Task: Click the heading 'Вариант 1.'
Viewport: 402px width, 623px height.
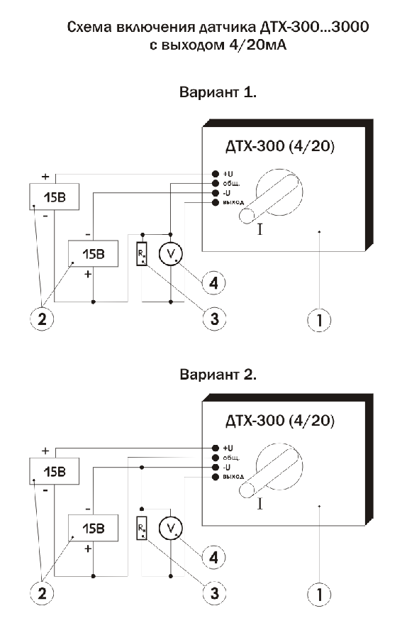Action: pyautogui.click(x=218, y=92)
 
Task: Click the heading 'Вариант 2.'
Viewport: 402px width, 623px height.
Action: pyautogui.click(x=218, y=374)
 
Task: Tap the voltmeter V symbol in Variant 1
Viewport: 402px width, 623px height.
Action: pyautogui.click(x=171, y=253)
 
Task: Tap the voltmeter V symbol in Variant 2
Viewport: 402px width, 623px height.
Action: pyautogui.click(x=171, y=528)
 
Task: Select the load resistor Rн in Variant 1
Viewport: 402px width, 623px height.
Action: pyautogui.click(x=142, y=253)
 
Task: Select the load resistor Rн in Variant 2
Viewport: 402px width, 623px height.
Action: pyautogui.click(x=142, y=528)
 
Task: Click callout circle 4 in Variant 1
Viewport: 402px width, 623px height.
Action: pyautogui.click(x=213, y=283)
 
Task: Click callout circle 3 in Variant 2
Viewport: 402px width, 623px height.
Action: pyautogui.click(x=214, y=592)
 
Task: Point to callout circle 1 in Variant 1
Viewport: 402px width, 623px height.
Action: pyautogui.click(x=319, y=319)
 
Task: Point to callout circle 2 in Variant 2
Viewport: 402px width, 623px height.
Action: pyautogui.click(x=42, y=593)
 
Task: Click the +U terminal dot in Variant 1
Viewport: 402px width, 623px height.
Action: pyautogui.click(x=216, y=174)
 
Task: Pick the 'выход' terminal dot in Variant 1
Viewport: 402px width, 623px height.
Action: pyautogui.click(x=216, y=203)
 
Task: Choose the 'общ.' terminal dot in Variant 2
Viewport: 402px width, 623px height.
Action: pyautogui.click(x=216, y=458)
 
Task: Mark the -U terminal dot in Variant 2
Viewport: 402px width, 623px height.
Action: pyautogui.click(x=216, y=467)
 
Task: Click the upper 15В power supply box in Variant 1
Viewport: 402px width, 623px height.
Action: pyautogui.click(x=55, y=197)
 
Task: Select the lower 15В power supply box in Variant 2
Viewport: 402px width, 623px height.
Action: pyautogui.click(x=94, y=528)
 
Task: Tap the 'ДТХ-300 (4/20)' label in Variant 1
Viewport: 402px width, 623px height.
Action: pyautogui.click(x=280, y=146)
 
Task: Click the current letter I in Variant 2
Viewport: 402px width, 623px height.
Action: pyautogui.click(x=260, y=504)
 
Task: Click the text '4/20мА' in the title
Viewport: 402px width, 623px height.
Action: pyautogui.click(x=257, y=45)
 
